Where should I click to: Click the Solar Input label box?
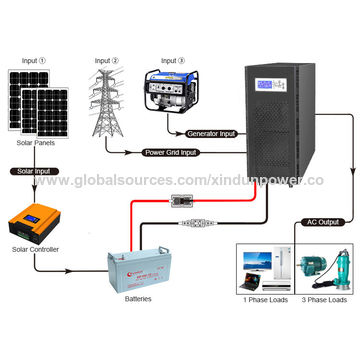(x=33, y=172)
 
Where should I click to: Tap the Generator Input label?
(x=213, y=133)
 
